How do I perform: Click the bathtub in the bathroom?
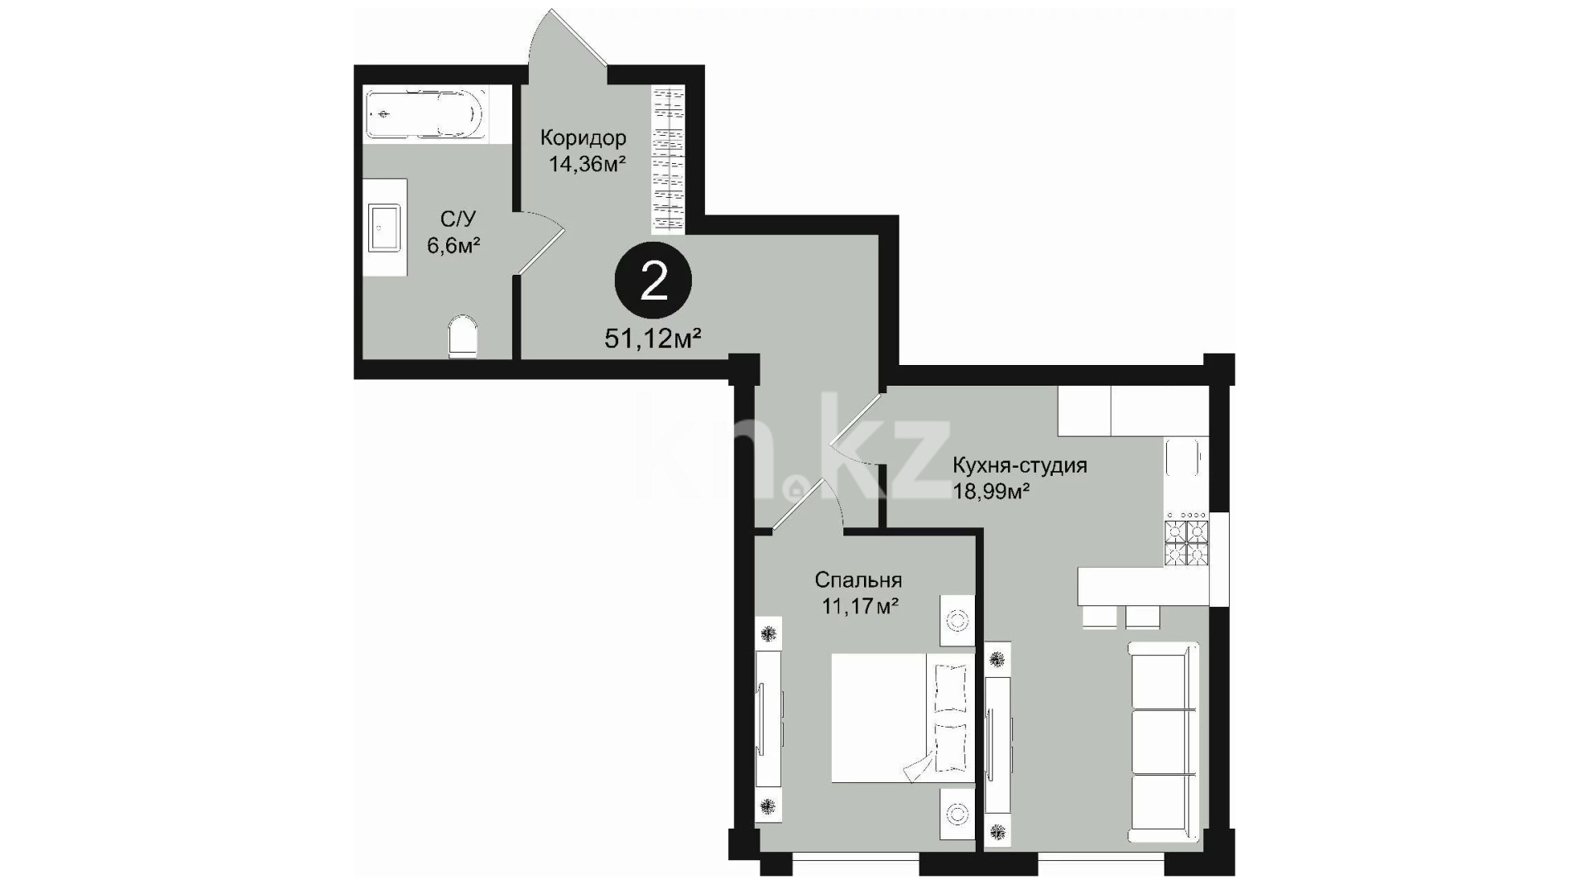tap(424, 113)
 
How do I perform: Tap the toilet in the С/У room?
tap(463, 337)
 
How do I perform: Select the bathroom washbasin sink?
tap(386, 228)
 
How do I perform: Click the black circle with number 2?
tap(653, 282)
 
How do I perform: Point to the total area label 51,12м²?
tap(654, 339)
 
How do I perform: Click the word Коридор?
tap(583, 137)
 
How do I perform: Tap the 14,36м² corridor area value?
tap(587, 163)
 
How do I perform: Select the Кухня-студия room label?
tap(1020, 464)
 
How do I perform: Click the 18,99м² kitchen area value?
tap(991, 492)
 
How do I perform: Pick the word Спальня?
tap(858, 579)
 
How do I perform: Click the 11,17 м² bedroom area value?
tap(860, 607)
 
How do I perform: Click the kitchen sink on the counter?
tap(1186, 459)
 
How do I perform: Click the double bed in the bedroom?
tap(902, 718)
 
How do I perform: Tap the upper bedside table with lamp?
tap(958, 621)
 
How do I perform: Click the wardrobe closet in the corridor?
tap(669, 159)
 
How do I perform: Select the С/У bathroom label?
tap(458, 219)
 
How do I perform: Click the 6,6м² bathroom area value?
tap(454, 245)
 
